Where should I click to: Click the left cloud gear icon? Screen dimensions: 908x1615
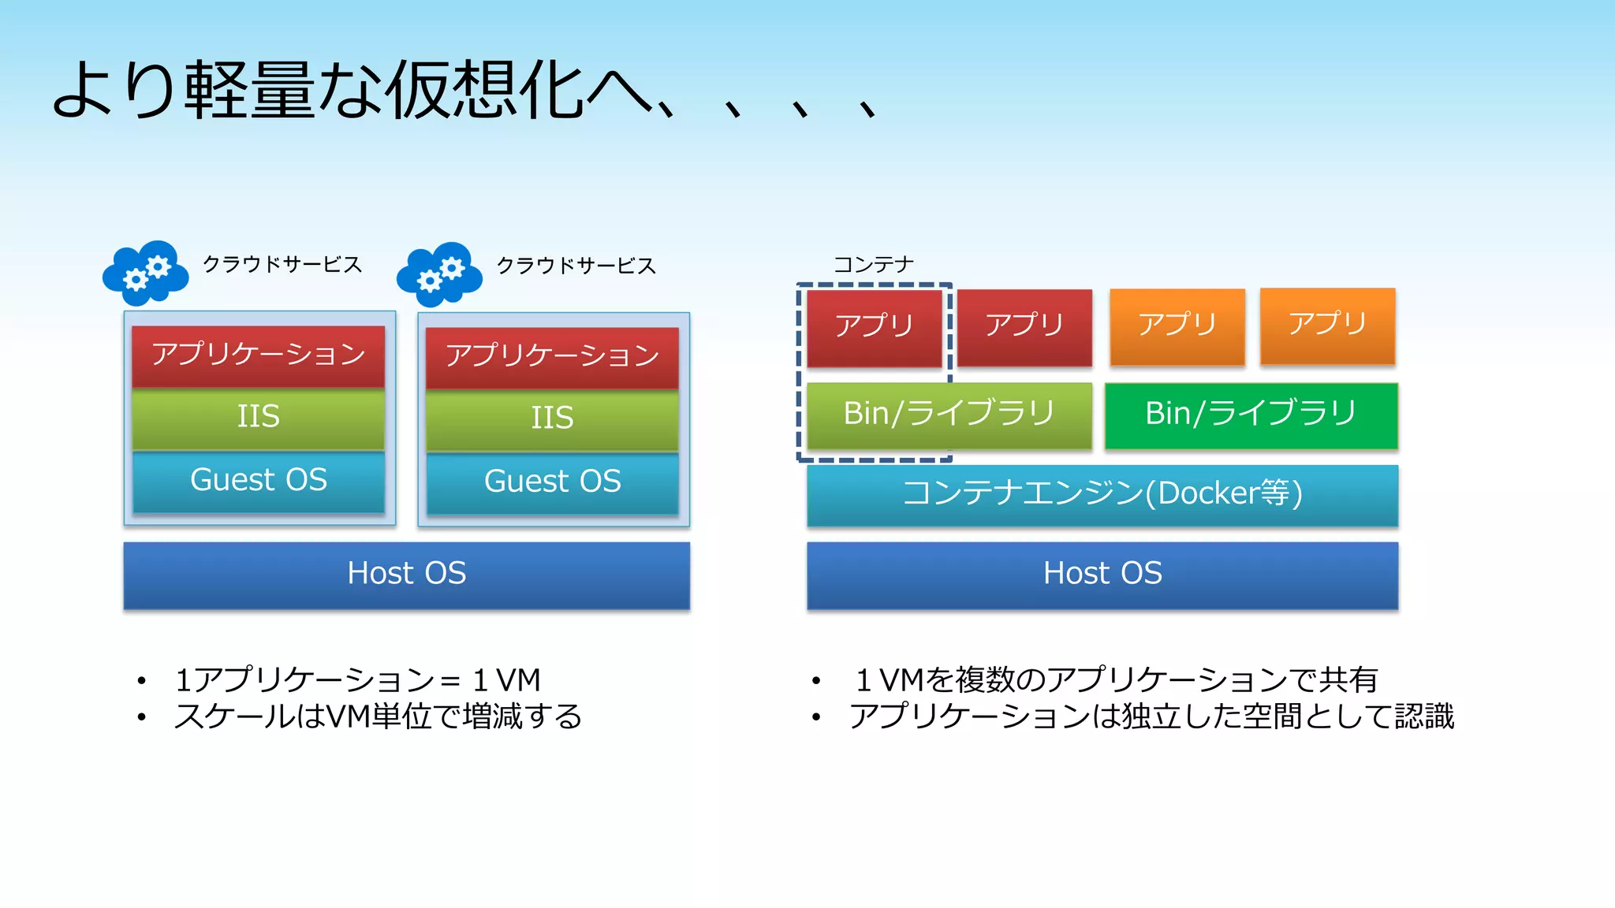pos(146,273)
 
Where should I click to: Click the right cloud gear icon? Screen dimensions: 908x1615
pos(439,274)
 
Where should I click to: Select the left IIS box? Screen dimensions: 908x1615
pos(259,417)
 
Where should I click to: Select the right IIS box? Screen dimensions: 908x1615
pos(552,419)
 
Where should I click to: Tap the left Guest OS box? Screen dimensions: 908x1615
pos(259,480)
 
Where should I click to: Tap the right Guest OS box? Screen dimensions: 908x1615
pos(552,482)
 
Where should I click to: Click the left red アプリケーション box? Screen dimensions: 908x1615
pos(259,355)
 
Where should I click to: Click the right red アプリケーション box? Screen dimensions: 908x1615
pos(552,356)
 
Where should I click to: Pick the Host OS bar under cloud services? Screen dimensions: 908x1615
pos(407,574)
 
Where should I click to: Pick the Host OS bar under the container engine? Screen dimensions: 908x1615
pos(1102,574)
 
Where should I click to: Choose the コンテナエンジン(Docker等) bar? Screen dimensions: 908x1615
pos(1102,494)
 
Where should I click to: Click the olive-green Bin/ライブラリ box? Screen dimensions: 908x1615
pos(949,415)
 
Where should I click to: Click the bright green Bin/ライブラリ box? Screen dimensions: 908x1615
pos(1251,415)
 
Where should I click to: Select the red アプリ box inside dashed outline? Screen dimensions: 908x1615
pos(875,327)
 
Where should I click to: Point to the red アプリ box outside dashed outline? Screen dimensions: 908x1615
pos(1024,326)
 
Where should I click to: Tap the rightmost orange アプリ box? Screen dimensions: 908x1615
pos(1328,325)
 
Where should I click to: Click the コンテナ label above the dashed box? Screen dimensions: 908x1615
pos(874,265)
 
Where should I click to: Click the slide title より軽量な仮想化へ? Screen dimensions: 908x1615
pos(355,91)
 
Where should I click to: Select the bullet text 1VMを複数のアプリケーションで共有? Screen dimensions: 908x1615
pos(1117,679)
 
